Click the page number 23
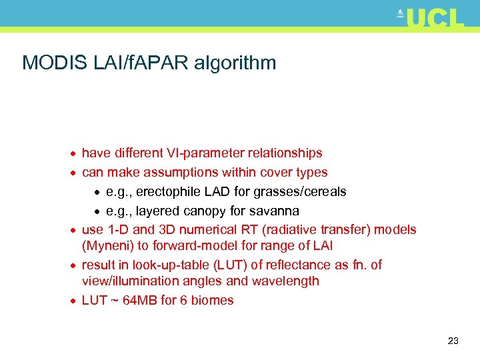[x=453, y=341]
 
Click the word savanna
[x=273, y=211]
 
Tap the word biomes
[x=213, y=300]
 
